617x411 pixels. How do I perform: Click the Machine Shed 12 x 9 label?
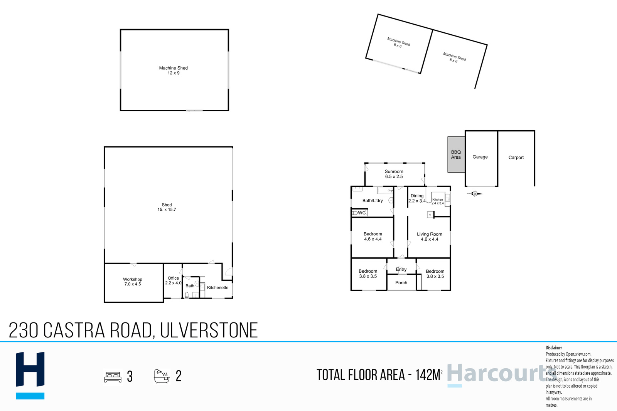(x=174, y=70)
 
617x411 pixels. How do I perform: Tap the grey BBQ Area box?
(x=456, y=154)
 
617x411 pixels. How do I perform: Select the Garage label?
(x=480, y=157)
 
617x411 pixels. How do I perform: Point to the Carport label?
(x=516, y=158)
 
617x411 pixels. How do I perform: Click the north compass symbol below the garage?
(x=475, y=194)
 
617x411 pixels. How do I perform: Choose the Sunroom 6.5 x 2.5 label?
(x=394, y=174)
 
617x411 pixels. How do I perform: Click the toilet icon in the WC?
(x=355, y=213)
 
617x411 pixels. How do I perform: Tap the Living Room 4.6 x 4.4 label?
(x=430, y=237)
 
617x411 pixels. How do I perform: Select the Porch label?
(x=401, y=282)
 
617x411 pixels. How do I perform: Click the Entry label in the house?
(x=401, y=269)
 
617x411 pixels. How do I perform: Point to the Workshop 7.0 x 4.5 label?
(x=133, y=282)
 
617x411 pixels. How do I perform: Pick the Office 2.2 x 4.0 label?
(x=173, y=280)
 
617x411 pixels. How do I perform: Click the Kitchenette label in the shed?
(x=217, y=287)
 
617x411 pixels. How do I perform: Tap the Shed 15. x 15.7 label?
(x=167, y=207)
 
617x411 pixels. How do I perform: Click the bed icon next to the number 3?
(x=113, y=377)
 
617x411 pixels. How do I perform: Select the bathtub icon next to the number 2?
(x=162, y=376)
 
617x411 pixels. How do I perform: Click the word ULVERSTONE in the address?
(x=209, y=330)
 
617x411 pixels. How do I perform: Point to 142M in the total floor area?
(x=428, y=375)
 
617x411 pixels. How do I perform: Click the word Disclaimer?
(x=554, y=348)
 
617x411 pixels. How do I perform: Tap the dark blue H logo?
(x=30, y=369)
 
